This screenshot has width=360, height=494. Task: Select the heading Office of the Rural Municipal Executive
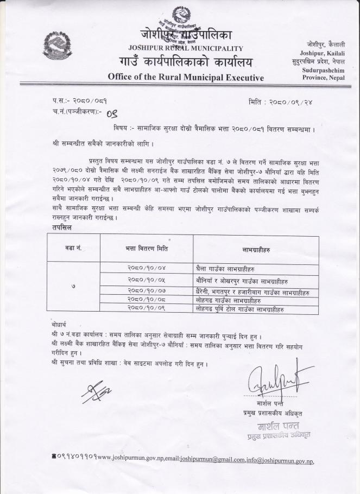[186, 77]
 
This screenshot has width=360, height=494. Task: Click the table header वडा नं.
[73, 249]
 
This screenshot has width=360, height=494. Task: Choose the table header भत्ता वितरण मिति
[146, 249]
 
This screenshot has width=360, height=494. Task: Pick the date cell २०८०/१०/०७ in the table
[146, 292]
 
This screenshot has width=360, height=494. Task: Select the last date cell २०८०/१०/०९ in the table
[146, 308]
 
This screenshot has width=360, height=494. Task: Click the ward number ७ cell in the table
[73, 286]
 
